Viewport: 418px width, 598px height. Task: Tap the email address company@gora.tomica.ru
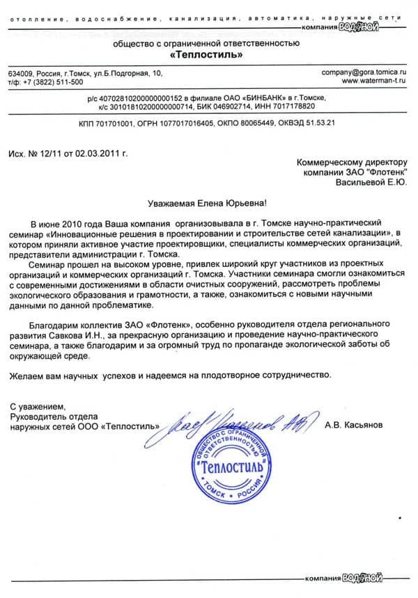363,72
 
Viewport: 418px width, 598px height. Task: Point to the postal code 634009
20,72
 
